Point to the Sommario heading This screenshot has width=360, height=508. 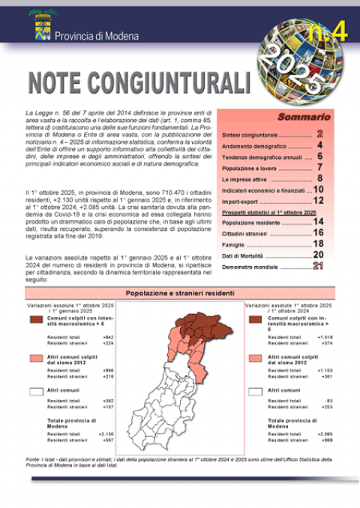point(304,118)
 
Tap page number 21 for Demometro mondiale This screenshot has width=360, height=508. point(318,266)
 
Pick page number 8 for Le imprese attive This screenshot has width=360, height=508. point(319,179)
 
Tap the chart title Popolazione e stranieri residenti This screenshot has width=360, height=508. point(181,293)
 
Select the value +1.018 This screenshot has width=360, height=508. point(325,337)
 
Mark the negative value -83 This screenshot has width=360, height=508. point(328,401)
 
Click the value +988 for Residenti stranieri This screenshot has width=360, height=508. point(325,440)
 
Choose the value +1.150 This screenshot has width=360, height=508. point(325,370)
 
